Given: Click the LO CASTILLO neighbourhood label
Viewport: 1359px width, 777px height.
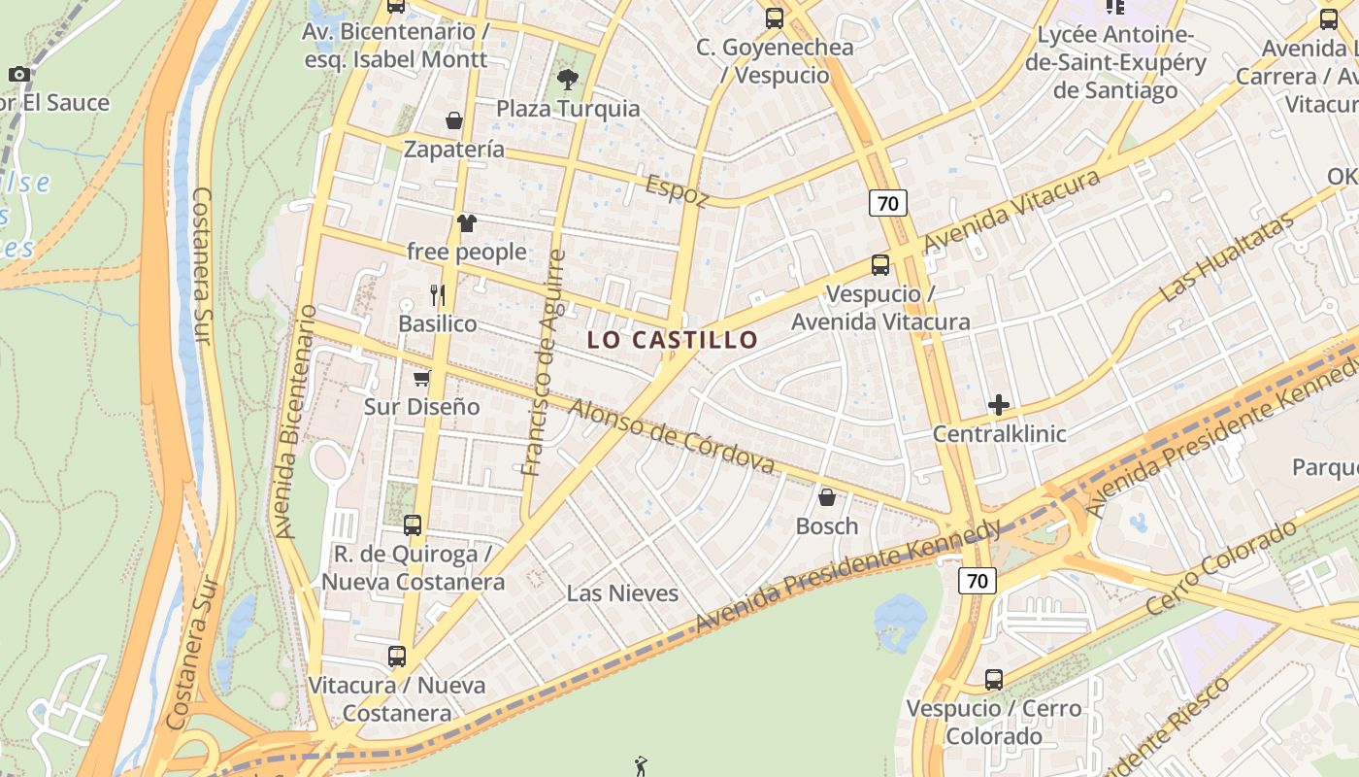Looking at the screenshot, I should coord(673,340).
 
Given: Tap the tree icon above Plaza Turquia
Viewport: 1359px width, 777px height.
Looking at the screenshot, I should coord(568,80).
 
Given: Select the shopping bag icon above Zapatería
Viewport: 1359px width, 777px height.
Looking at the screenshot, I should coord(453,120).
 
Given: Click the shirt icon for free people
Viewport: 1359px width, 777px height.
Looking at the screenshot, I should coord(466,223).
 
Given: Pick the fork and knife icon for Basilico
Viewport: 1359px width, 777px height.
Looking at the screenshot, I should coord(437,294).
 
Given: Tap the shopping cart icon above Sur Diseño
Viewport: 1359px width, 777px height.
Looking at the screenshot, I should coord(421,378).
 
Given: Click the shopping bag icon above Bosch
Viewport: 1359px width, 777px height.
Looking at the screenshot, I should coord(827,497).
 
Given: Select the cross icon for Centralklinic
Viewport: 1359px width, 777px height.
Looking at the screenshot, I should coord(999,405).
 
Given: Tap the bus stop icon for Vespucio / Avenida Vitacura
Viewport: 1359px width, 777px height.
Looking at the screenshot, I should coord(880,265).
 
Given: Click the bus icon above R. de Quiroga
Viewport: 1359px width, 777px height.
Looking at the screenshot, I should coord(413,525).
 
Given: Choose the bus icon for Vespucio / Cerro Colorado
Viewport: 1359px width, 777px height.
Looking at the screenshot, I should coord(994,680).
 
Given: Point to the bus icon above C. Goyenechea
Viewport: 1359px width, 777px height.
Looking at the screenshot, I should coord(774,17).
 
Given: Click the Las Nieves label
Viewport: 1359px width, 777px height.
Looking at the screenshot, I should coord(622,593).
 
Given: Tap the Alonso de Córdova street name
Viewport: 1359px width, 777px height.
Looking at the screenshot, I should coord(671,437).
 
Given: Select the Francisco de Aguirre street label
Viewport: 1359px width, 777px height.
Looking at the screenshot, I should coord(543,362).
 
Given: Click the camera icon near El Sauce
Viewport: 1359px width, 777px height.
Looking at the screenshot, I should coord(18,74).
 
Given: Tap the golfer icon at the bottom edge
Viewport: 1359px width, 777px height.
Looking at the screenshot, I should coord(640,766).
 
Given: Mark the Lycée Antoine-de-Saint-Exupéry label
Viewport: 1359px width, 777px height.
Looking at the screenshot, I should coord(1130,63).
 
